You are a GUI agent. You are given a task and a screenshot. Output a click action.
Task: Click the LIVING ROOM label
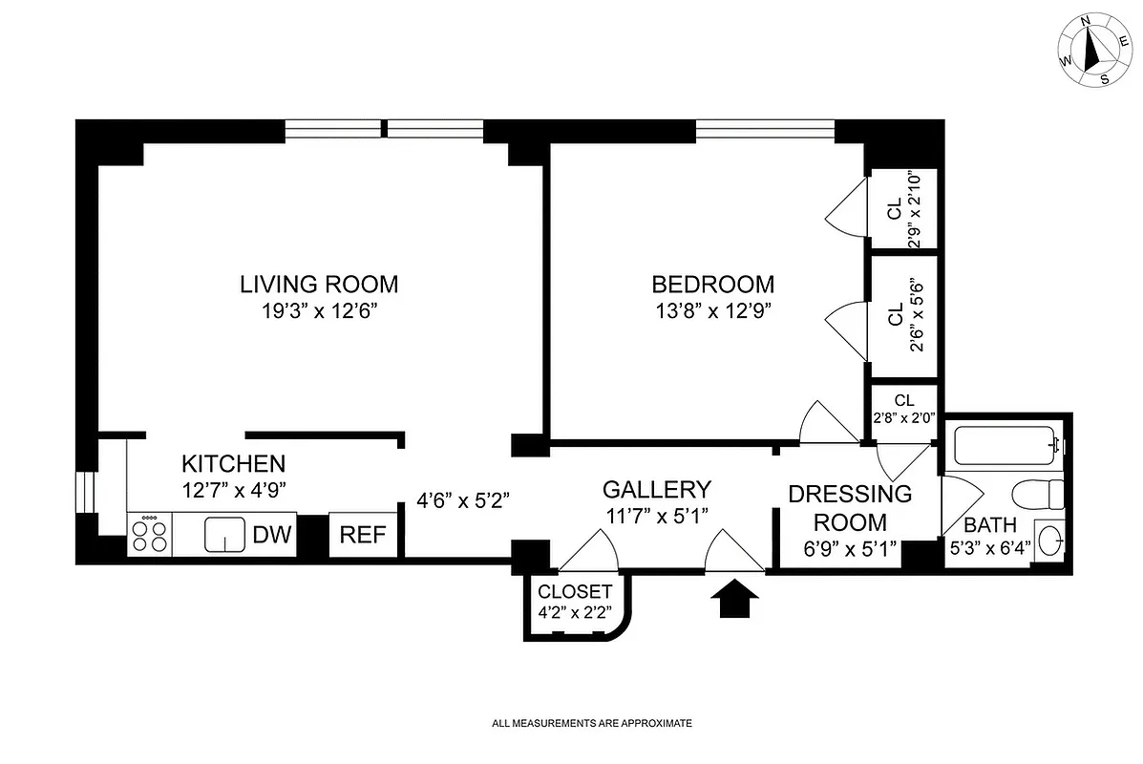[318, 284]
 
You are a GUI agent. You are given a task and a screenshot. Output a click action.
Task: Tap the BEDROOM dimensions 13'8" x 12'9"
[712, 310]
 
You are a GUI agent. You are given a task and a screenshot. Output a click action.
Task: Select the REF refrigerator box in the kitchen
[364, 535]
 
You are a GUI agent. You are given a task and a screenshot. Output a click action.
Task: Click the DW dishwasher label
[272, 535]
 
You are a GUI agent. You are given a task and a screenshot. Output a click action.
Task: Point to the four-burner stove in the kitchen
[149, 534]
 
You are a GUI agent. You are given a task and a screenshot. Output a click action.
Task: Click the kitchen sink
[226, 535]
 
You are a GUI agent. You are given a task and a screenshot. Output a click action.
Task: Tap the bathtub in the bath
[1002, 445]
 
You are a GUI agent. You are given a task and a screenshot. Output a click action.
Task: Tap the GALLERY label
[656, 490]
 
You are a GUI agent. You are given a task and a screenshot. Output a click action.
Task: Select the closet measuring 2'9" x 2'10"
[902, 208]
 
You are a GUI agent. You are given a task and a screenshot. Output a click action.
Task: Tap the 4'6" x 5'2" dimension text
[464, 499]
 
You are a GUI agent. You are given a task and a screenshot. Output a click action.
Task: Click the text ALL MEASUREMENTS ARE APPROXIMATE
[591, 724]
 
